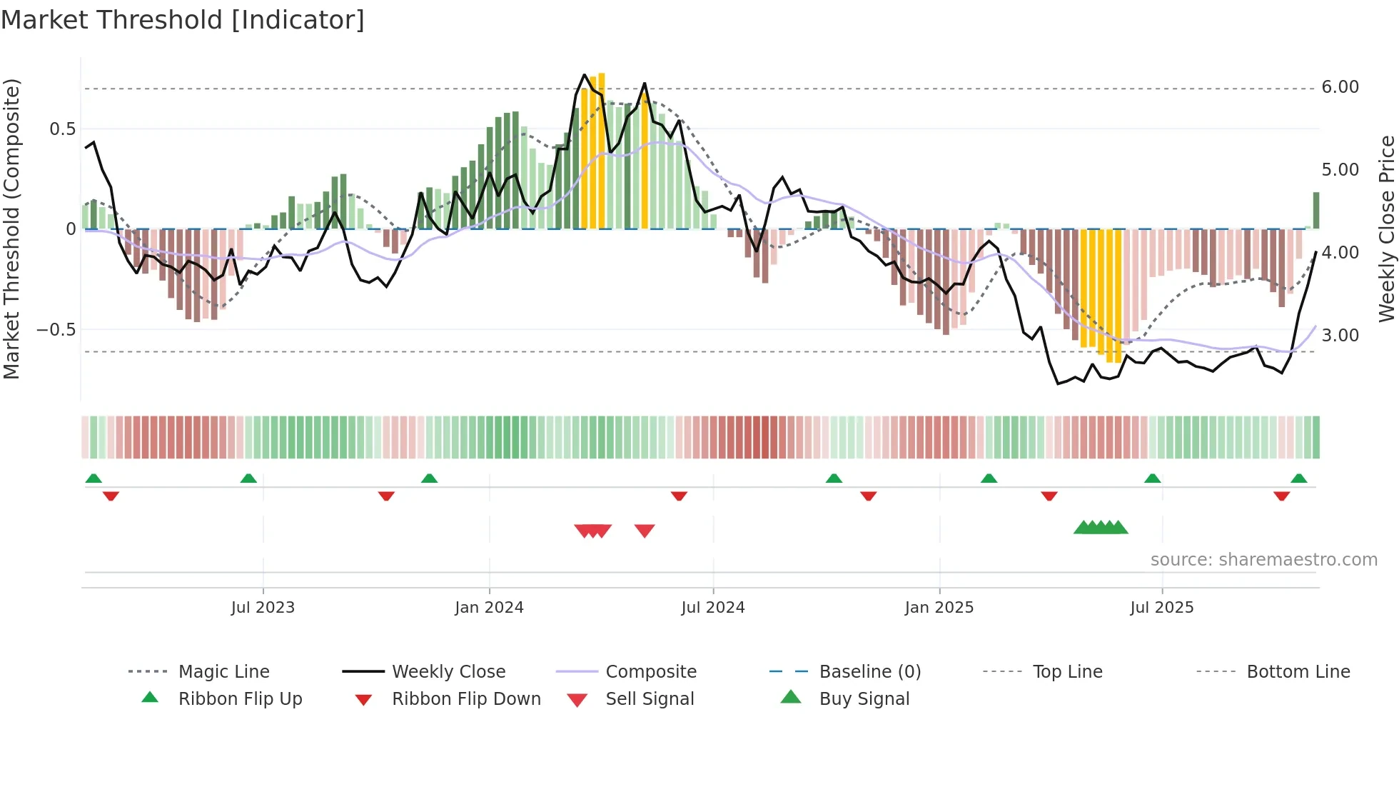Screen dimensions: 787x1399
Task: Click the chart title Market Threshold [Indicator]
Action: point(183,20)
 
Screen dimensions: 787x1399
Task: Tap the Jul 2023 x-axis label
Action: point(263,607)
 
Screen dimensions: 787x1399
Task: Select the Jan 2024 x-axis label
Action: point(489,607)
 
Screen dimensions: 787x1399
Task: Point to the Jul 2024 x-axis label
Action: point(712,607)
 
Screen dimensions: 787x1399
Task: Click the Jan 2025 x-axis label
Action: point(939,607)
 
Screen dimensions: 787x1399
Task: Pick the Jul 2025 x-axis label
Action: point(1161,607)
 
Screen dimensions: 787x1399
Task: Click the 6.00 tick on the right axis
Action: point(1340,87)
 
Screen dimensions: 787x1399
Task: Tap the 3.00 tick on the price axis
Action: point(1340,335)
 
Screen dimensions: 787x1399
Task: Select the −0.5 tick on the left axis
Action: point(56,329)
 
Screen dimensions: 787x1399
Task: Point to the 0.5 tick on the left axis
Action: point(62,129)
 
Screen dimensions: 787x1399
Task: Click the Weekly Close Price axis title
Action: point(1386,229)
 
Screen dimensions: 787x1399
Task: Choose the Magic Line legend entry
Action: point(223,671)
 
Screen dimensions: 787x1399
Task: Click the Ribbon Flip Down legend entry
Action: point(466,698)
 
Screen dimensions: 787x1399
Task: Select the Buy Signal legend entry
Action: point(864,698)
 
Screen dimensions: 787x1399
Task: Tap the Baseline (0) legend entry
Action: point(869,671)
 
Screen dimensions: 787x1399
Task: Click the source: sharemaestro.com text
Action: point(1263,559)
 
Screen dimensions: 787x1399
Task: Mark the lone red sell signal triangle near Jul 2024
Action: point(645,531)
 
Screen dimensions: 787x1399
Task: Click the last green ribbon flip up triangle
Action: point(1298,478)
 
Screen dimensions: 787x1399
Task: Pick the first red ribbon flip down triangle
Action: point(111,496)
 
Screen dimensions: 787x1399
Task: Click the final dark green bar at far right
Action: point(1315,210)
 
